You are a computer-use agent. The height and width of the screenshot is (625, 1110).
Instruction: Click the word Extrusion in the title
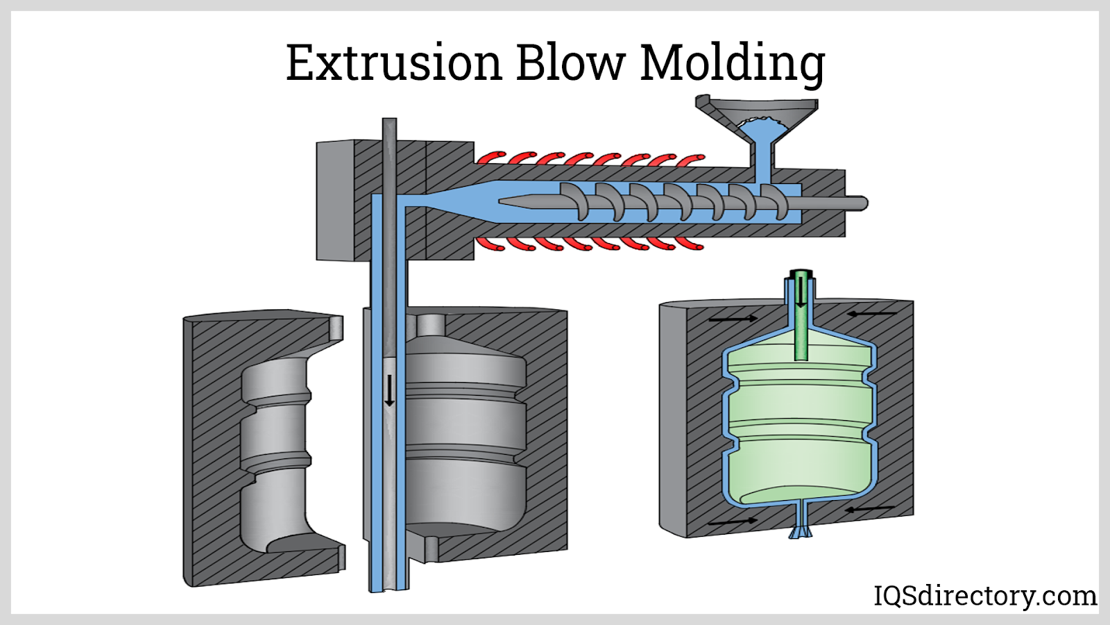[393, 62]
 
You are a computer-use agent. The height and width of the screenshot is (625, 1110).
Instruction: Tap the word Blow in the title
[570, 62]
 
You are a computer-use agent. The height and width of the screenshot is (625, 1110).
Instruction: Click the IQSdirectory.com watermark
[984, 596]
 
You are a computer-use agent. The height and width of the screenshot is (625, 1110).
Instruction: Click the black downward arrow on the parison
[389, 390]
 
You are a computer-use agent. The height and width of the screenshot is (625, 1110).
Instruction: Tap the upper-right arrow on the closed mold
[871, 314]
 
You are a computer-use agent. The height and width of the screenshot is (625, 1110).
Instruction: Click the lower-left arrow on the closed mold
[733, 520]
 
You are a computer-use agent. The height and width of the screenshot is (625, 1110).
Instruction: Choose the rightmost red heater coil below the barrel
[690, 244]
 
